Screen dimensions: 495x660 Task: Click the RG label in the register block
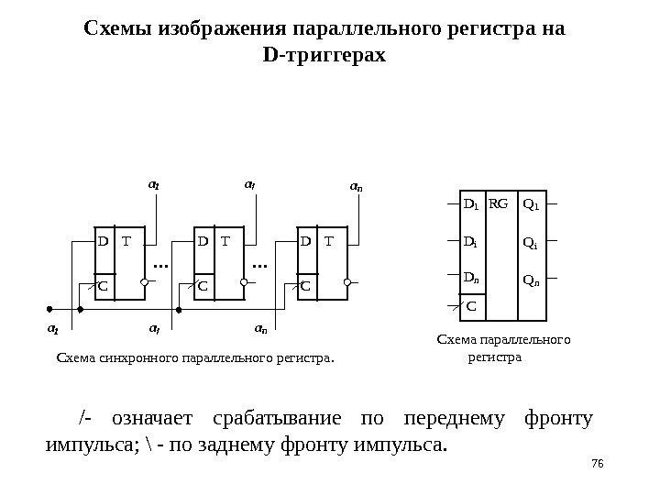click(499, 203)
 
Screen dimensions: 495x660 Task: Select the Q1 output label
click(530, 203)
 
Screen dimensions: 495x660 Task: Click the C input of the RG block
click(471, 304)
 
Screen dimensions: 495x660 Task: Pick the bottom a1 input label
click(52, 326)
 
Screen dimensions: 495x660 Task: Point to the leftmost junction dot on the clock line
click(49, 310)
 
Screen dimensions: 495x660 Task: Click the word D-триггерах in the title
click(324, 56)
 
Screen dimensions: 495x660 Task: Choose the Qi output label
click(529, 243)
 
